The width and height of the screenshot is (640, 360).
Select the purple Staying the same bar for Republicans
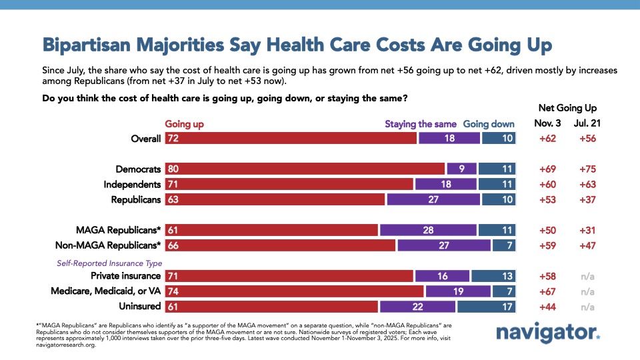[x=433, y=199]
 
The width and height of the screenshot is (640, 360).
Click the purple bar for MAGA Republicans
[x=428, y=230]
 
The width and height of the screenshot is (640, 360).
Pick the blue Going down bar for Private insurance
[x=493, y=275]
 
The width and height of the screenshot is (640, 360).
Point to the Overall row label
[x=146, y=139]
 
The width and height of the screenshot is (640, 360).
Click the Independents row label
[x=132, y=184]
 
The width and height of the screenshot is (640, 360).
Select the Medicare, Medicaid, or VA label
[x=106, y=291]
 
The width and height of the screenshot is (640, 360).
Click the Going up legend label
[x=185, y=124]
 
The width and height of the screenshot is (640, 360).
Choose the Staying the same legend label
[x=421, y=124]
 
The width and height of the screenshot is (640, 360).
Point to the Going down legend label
[x=489, y=124]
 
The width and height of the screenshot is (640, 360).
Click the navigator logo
[x=548, y=333]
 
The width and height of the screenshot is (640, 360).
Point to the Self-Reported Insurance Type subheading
[x=109, y=263]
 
